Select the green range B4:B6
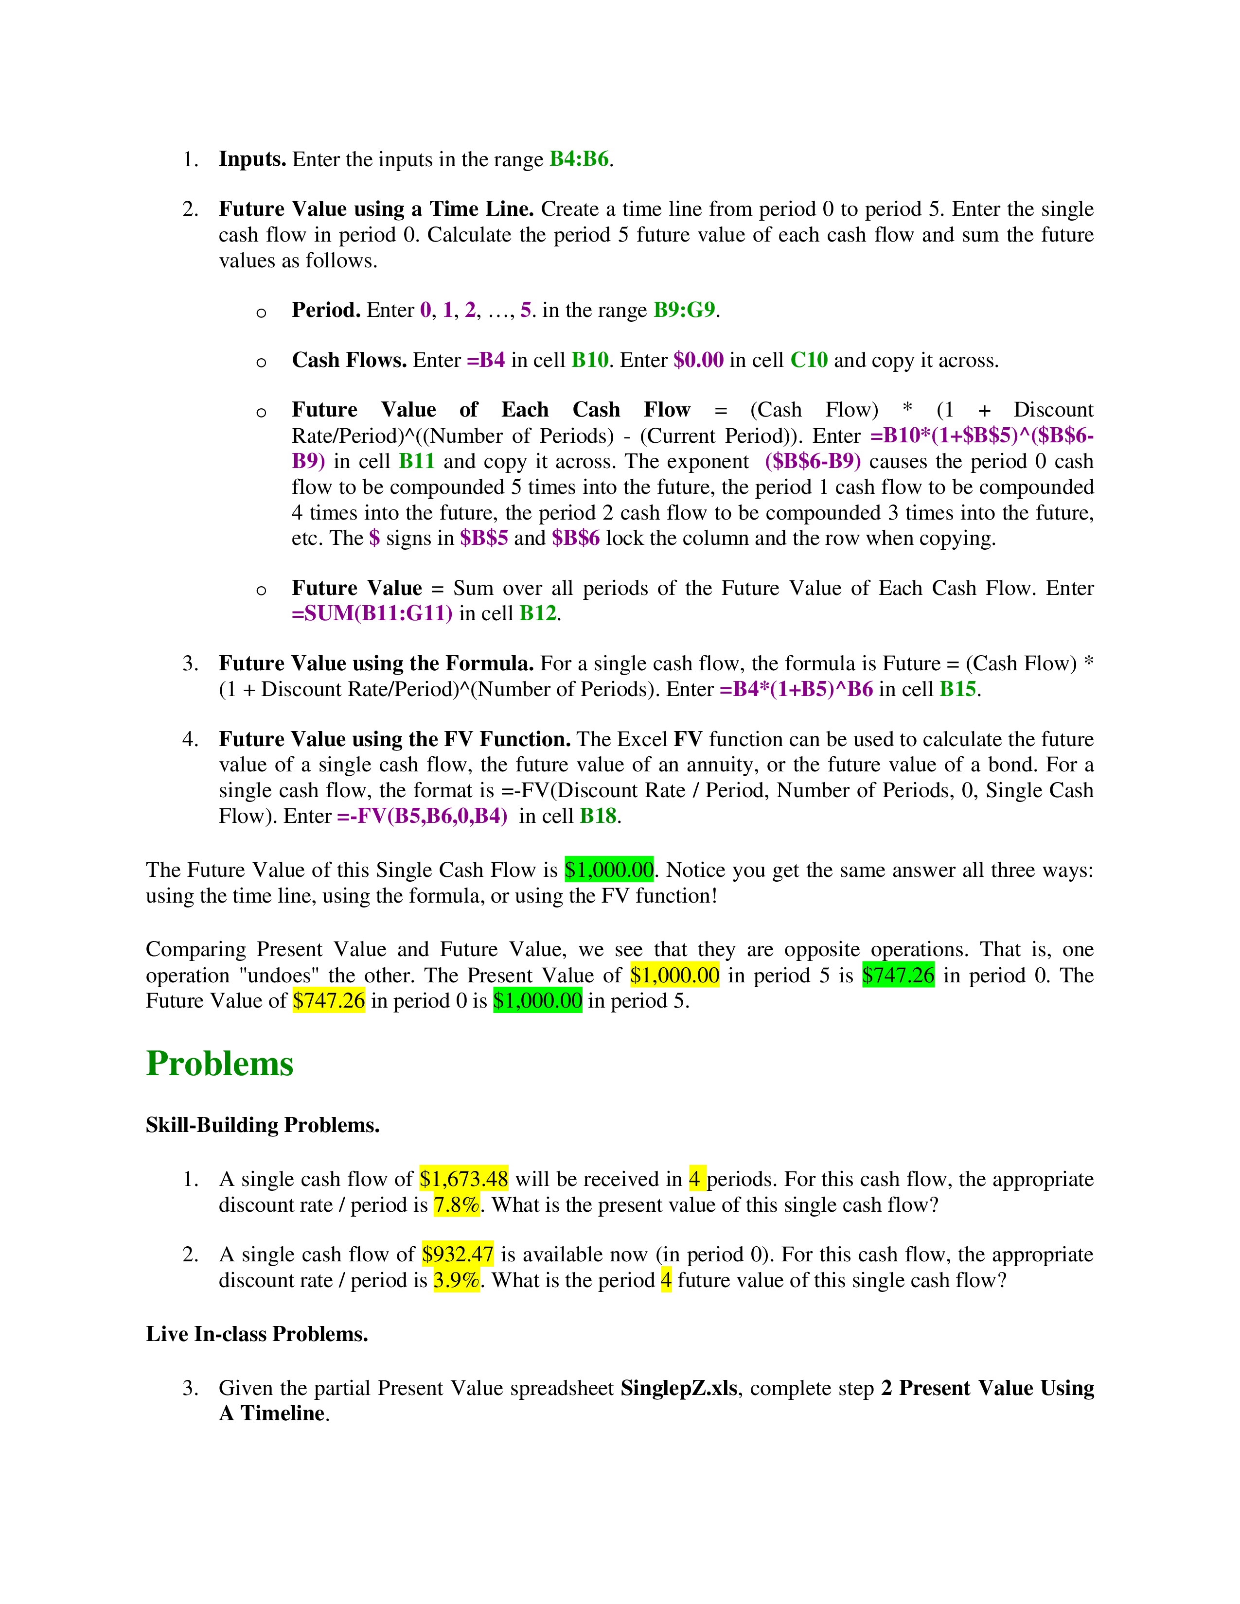[x=579, y=159]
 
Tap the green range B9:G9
[x=684, y=310]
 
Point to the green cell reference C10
[x=809, y=360]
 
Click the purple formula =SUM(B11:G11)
[x=372, y=613]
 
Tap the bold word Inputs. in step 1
[x=252, y=159]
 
